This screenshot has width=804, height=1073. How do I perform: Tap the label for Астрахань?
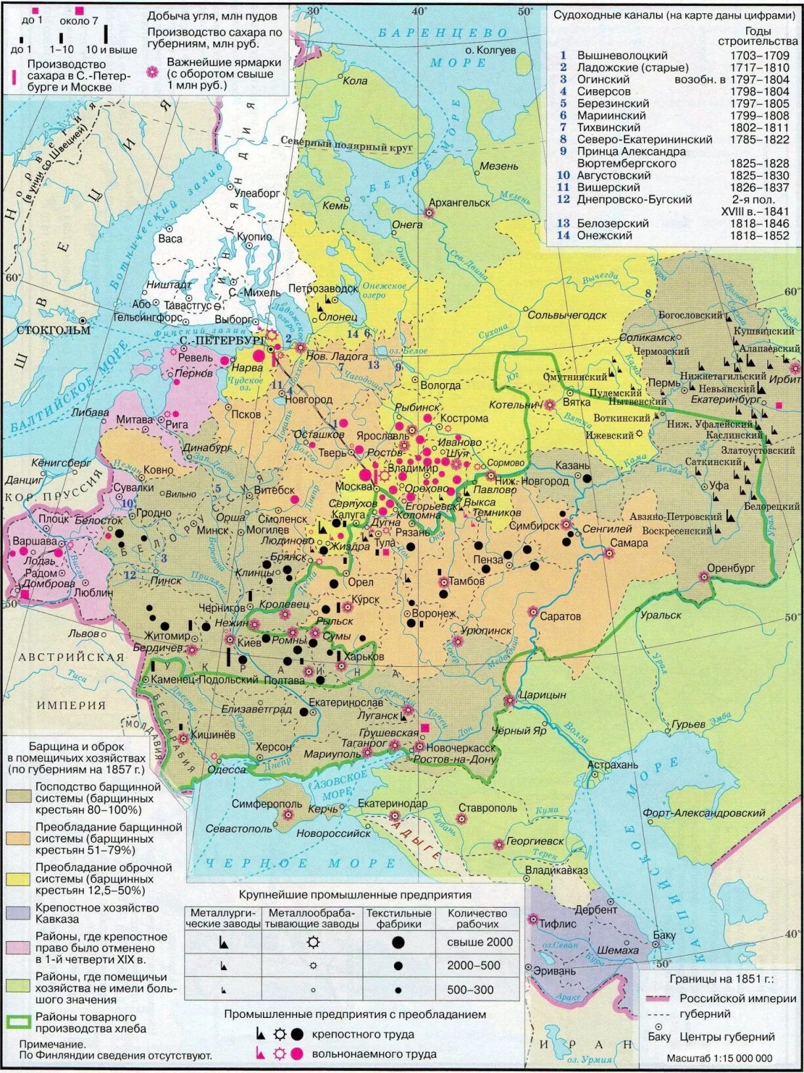pyautogui.click(x=612, y=765)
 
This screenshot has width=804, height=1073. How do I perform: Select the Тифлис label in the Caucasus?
pyautogui.click(x=557, y=923)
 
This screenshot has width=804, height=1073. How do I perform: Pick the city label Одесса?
pyautogui.click(x=226, y=769)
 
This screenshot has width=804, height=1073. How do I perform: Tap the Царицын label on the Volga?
pyautogui.click(x=542, y=695)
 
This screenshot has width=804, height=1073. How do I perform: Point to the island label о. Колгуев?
pyautogui.click(x=491, y=50)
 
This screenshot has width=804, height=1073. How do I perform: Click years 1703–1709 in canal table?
pyautogui.click(x=759, y=56)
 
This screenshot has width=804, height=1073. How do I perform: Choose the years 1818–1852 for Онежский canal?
pyautogui.click(x=759, y=235)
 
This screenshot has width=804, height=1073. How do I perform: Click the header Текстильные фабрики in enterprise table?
pyautogui.click(x=398, y=918)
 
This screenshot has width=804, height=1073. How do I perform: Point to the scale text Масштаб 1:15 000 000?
pyautogui.click(x=719, y=1058)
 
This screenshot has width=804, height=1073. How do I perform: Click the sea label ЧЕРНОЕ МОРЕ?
pyautogui.click(x=301, y=864)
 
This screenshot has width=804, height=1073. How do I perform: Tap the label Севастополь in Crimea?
pyautogui.click(x=239, y=828)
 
